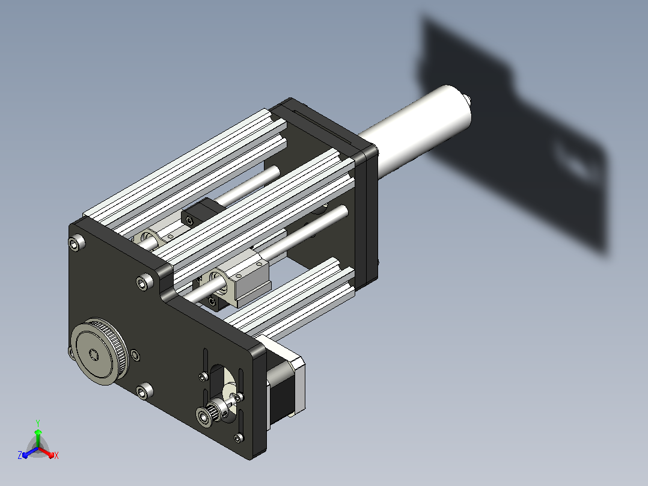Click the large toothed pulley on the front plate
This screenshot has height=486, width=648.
(x=99, y=352)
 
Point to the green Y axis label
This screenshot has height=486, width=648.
(x=38, y=423)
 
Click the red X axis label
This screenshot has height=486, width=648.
(x=57, y=455)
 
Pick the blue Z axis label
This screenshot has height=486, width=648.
(x=20, y=455)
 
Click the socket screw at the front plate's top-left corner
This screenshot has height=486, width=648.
(x=76, y=243)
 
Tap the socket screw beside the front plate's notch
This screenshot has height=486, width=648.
(x=145, y=282)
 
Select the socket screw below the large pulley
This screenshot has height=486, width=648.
(x=144, y=391)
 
